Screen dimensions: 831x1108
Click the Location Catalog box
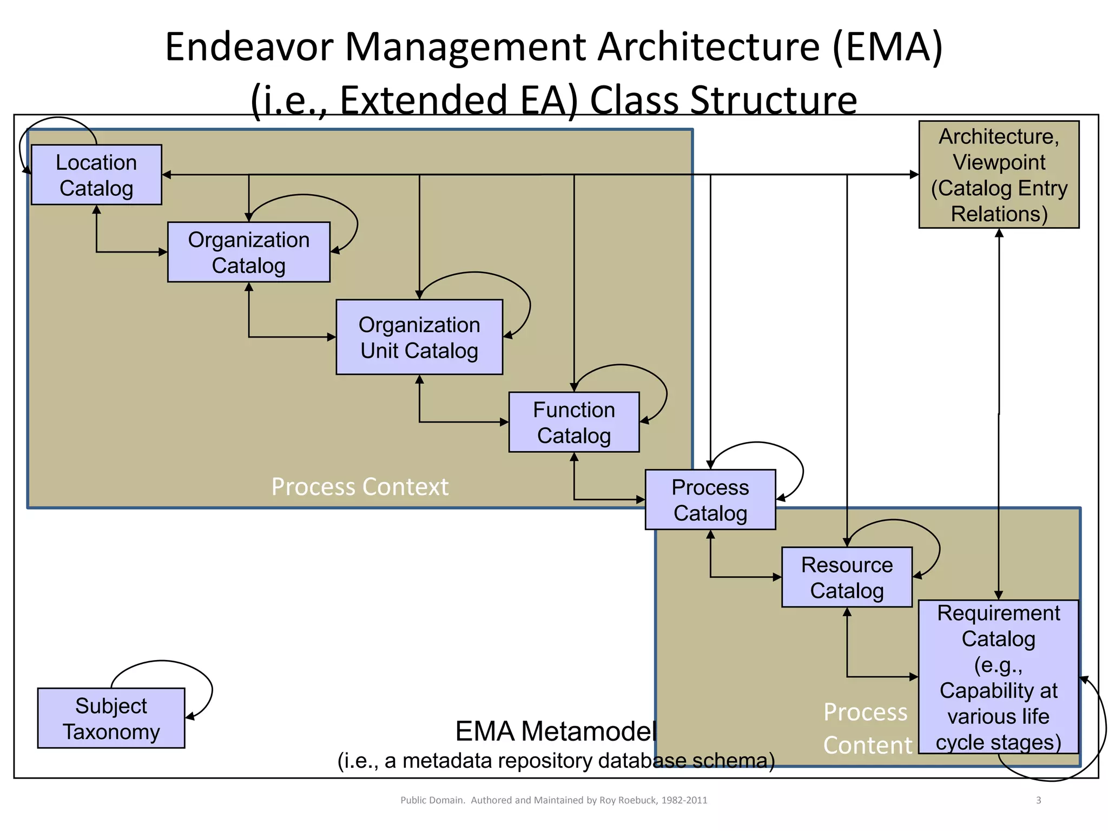96,175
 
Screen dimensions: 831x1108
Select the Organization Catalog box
248,252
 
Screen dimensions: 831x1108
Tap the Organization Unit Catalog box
419,337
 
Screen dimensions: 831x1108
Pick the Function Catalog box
573,422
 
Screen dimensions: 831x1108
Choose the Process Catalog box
710,499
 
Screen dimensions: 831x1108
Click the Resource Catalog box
847,577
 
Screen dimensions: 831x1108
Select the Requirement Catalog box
998,677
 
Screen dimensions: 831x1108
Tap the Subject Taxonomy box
111,718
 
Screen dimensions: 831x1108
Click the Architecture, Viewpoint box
999,175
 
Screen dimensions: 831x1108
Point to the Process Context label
360,486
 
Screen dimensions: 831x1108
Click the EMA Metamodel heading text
556,731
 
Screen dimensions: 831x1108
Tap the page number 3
1038,800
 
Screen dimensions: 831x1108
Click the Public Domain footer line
553,800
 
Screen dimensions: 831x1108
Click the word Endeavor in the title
249,47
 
